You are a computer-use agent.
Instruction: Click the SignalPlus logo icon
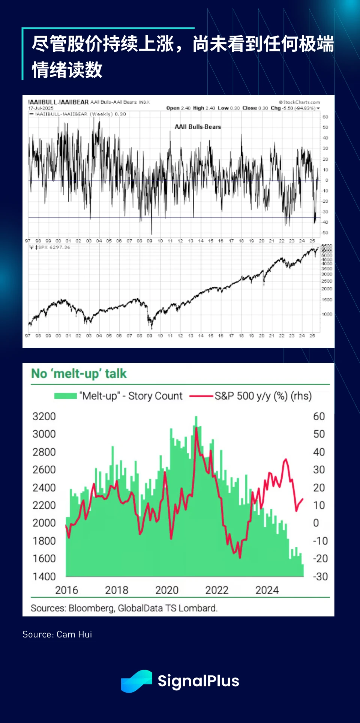tap(136, 681)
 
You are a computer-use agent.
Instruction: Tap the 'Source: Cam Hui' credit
tap(57, 634)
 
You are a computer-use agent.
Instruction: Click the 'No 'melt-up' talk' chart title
tap(79, 374)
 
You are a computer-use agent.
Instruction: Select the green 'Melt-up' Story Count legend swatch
tap(65, 396)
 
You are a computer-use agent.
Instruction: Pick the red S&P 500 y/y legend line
tap(201, 396)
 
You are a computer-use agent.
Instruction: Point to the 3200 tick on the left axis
tap(44, 416)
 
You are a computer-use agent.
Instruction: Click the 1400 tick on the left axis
tap(44, 576)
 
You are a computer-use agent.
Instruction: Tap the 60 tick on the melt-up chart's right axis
tap(319, 416)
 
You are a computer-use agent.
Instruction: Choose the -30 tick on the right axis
tap(320, 576)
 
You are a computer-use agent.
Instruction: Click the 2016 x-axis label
tap(67, 590)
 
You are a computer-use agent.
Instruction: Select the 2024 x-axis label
tap(267, 590)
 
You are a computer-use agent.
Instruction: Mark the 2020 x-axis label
tap(167, 590)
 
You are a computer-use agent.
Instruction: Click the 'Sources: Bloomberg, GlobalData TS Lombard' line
tap(124, 608)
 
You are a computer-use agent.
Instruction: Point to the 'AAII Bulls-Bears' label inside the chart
tap(198, 127)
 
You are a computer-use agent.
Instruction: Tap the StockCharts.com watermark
tap(300, 102)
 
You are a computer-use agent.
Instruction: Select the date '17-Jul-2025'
tap(41, 108)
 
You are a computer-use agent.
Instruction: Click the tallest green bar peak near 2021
tap(196, 418)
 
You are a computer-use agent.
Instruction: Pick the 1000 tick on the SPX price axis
tap(327, 314)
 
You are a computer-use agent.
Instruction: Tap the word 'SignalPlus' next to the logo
tap(198, 681)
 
